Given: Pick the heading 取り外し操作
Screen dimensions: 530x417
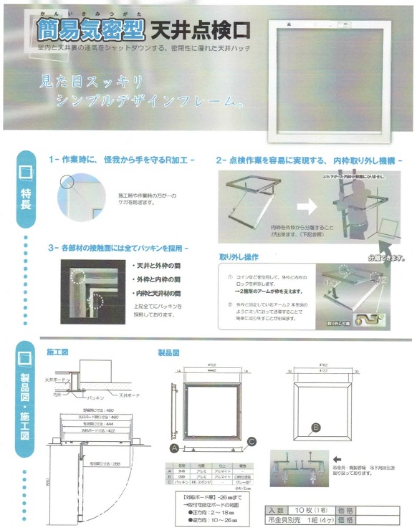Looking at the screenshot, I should pos(239,256).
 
